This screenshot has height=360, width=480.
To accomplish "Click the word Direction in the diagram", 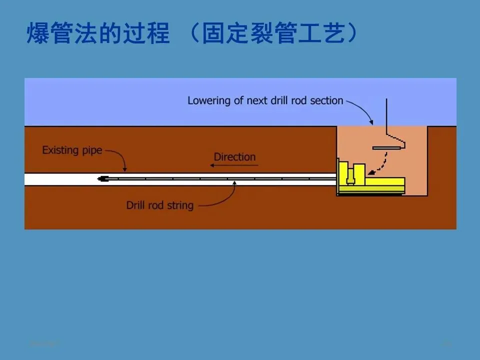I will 234,157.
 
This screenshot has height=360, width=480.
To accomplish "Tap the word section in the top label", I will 326,100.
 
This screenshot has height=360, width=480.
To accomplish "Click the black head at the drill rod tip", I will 104,178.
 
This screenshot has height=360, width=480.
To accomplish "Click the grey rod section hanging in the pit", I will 387,147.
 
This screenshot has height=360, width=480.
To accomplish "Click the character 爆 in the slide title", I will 37,33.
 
